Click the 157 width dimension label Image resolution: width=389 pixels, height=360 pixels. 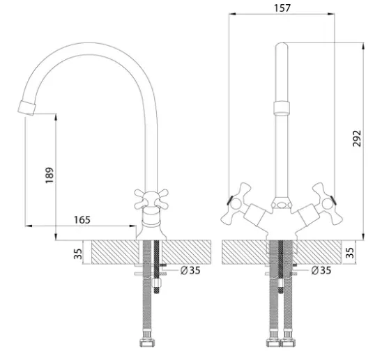(x=282, y=8)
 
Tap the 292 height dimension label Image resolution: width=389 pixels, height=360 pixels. (x=357, y=139)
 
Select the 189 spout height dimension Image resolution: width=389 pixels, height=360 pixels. (x=49, y=175)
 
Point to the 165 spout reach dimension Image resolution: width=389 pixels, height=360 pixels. (x=82, y=219)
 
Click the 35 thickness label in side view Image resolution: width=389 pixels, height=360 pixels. (x=78, y=254)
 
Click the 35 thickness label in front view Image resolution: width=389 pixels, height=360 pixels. (x=350, y=253)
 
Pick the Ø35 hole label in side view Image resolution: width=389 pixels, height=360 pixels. (x=190, y=270)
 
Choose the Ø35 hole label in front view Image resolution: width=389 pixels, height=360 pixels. (x=321, y=270)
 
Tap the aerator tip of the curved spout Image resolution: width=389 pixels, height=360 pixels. (x=27, y=108)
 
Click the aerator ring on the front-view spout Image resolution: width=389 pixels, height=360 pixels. (x=282, y=107)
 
